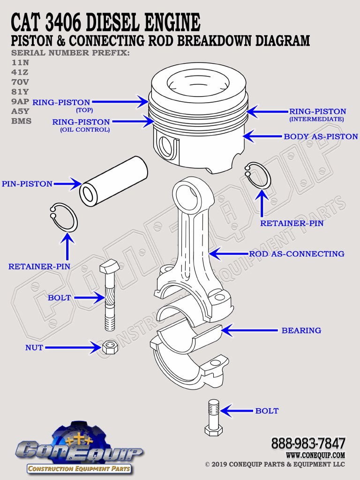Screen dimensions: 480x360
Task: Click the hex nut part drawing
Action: click(x=110, y=348)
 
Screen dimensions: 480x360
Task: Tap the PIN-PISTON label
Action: click(x=27, y=184)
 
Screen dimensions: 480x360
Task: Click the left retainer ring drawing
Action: click(x=64, y=217)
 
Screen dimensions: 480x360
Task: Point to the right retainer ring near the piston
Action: click(x=258, y=176)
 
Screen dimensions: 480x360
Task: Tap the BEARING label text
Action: click(x=301, y=330)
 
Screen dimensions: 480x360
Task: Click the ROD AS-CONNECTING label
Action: click(x=296, y=254)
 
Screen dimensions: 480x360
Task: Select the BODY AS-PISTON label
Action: click(x=321, y=137)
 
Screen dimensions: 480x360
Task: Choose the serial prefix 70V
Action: click(x=20, y=81)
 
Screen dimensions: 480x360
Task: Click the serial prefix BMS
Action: click(x=22, y=120)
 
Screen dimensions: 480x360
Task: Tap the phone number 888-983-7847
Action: click(x=308, y=443)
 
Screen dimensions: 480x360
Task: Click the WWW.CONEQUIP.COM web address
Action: click(x=315, y=455)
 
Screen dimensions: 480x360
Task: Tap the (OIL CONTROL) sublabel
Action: click(x=85, y=130)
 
